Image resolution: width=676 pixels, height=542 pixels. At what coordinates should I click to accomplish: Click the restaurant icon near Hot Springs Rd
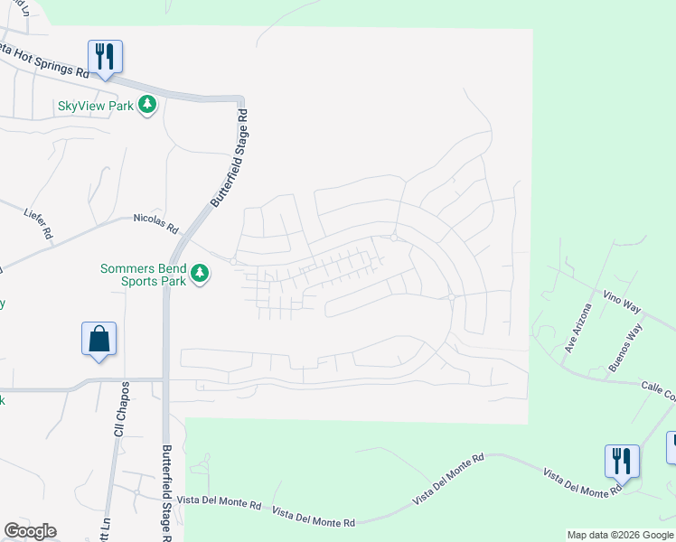(x=106, y=56)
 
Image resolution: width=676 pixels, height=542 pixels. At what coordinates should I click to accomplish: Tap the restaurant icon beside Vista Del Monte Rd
(x=622, y=461)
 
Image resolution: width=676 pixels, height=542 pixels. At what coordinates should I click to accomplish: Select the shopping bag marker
(x=99, y=340)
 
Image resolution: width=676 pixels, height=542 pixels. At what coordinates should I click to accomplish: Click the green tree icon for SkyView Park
(x=148, y=106)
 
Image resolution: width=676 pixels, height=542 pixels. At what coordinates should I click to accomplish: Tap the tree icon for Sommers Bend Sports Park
(x=200, y=272)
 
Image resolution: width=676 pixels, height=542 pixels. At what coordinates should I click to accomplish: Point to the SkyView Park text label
(x=96, y=106)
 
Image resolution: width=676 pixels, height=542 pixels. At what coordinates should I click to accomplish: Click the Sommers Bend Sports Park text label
(x=143, y=275)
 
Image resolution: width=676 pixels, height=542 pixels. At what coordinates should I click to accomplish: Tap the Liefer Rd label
(x=38, y=223)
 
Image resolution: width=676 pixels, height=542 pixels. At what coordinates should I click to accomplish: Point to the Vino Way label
(x=622, y=303)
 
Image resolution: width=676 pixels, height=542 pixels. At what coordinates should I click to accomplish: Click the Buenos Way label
(x=624, y=349)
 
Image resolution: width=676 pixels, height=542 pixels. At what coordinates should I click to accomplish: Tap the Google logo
(x=30, y=531)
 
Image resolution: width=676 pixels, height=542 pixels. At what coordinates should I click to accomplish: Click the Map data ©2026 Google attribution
(x=619, y=535)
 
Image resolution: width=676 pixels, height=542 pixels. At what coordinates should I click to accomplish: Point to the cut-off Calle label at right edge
(x=659, y=391)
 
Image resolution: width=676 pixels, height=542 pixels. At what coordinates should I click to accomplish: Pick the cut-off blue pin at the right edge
(x=671, y=446)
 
